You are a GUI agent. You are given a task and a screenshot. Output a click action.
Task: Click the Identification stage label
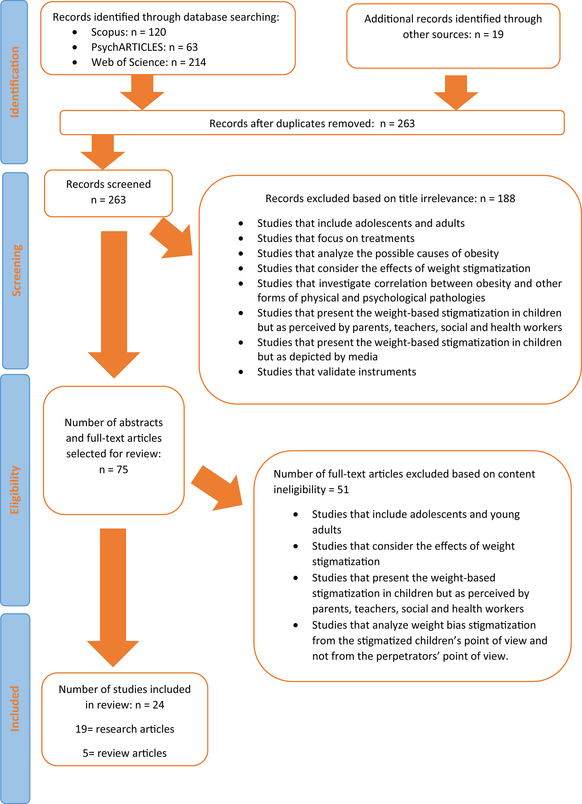[15, 82]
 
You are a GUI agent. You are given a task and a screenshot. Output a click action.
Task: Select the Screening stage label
[16, 270]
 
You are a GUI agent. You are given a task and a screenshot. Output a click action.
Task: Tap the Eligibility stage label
[15, 490]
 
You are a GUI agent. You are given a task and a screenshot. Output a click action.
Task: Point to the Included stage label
[15, 709]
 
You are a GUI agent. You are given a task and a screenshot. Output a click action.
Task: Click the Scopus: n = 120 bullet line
[129, 32]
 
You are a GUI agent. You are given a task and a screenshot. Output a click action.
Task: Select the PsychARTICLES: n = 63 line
[144, 47]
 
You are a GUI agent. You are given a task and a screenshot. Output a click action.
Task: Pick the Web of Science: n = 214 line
[149, 63]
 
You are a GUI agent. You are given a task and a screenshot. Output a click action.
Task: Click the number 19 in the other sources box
[498, 34]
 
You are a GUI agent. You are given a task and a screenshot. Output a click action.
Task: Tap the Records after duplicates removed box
[312, 123]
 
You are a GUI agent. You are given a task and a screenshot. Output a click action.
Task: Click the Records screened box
[108, 192]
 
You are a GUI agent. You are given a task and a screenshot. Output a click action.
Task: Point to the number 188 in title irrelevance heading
[506, 198]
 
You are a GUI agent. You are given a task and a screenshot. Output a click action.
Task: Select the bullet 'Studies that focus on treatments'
[336, 238]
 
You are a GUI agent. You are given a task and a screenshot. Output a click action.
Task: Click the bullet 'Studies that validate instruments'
[336, 371]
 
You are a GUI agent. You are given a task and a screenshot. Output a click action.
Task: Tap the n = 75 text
[114, 469]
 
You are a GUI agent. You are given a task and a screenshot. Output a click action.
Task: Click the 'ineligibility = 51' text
[311, 490]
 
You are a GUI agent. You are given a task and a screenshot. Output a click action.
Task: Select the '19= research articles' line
[125, 729]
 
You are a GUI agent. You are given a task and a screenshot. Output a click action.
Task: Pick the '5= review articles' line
[125, 753]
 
